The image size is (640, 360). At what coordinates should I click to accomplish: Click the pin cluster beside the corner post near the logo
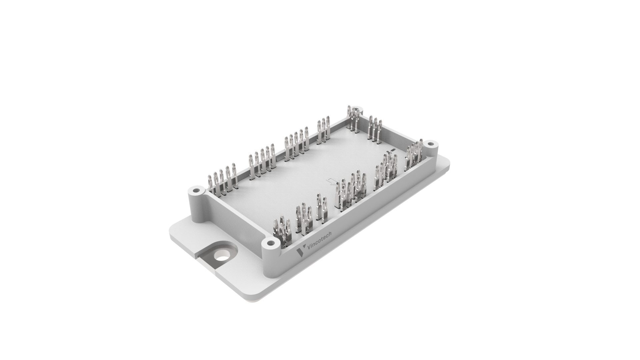click(282, 230)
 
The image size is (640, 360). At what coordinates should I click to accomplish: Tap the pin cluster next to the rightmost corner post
click(413, 155)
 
